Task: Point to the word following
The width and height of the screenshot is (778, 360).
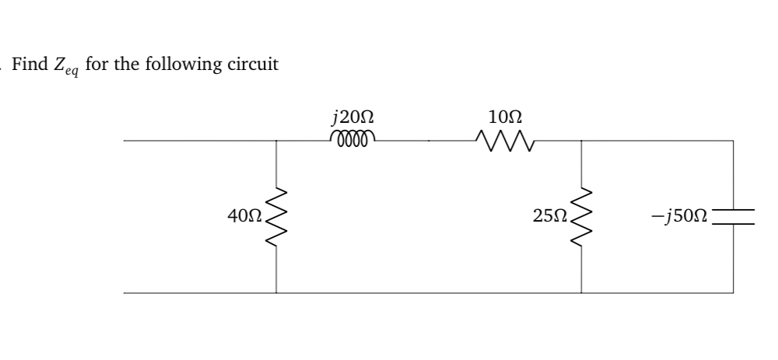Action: coord(180,64)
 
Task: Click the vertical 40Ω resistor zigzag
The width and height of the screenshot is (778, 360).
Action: coord(277,217)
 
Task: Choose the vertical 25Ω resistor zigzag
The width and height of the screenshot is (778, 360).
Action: coord(582,217)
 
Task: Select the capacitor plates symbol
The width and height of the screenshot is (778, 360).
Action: coord(732,216)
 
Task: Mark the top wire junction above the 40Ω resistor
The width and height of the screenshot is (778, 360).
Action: coord(277,141)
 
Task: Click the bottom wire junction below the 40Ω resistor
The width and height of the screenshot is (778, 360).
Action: coord(277,293)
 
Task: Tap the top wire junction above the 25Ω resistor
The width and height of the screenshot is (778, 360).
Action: coord(582,141)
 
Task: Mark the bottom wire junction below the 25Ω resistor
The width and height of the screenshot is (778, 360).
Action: coord(582,293)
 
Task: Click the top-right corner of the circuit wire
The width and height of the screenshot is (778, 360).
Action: coord(732,141)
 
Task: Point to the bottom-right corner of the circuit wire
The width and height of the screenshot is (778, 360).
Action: coord(732,293)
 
